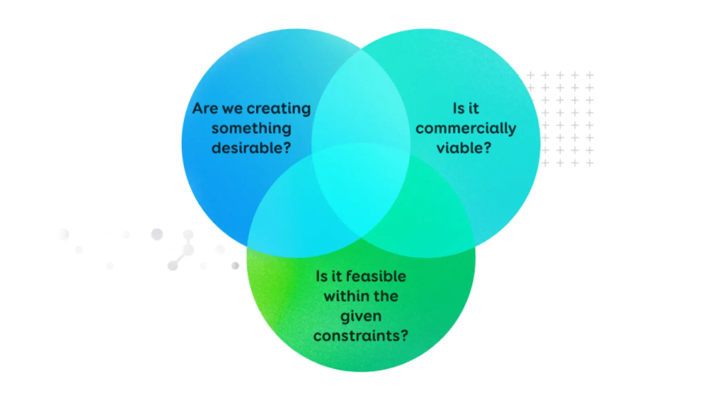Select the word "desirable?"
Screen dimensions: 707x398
pos(251,147)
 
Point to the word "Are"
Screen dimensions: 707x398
pos(205,108)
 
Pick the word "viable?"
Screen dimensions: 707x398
pos(464,147)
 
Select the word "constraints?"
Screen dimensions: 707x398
pos(361,335)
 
